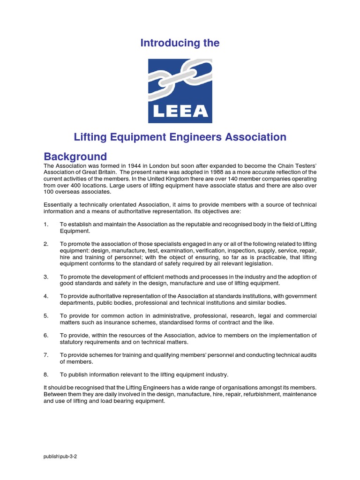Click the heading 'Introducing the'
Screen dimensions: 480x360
coord(180,43)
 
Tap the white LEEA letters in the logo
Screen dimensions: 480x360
coord(180,111)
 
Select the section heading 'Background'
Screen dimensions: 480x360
coord(75,157)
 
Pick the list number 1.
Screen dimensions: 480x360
coord(46,225)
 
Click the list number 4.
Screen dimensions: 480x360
coord(46,296)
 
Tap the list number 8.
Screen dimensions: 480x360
coord(46,375)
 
